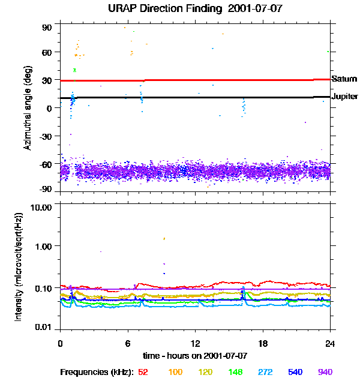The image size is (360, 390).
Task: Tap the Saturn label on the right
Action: click(344, 79)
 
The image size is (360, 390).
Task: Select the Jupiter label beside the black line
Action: click(345, 96)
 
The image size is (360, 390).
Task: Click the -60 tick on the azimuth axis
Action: click(46, 163)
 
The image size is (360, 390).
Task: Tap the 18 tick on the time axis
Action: click(263, 343)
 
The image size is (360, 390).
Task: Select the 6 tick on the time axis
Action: click(128, 343)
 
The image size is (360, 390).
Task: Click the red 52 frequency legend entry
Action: click(143, 372)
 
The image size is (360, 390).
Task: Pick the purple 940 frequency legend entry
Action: click(325, 372)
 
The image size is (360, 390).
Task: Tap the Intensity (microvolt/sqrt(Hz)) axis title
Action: click(20, 266)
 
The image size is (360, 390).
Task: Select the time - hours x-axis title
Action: click(195, 356)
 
